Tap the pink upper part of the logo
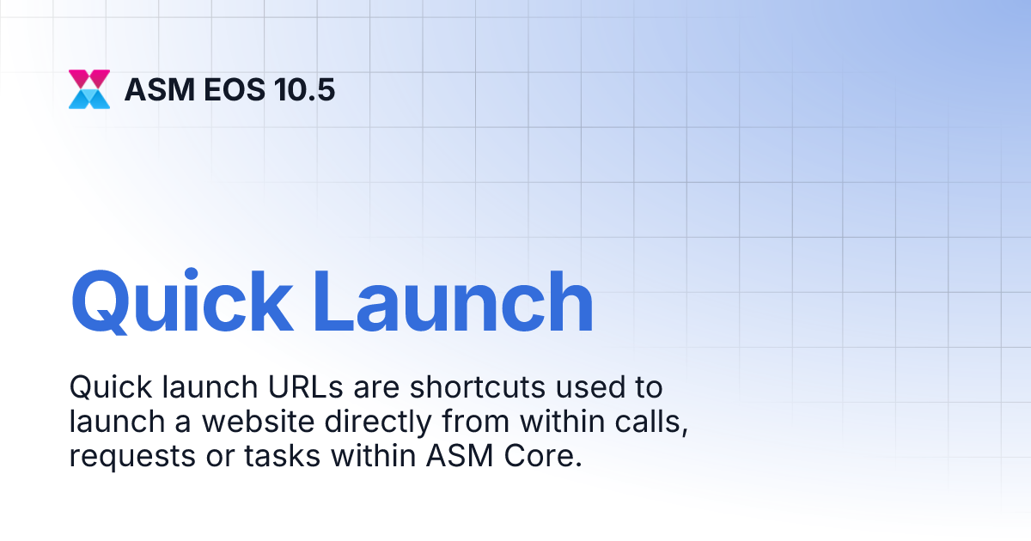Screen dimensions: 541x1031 89,79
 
